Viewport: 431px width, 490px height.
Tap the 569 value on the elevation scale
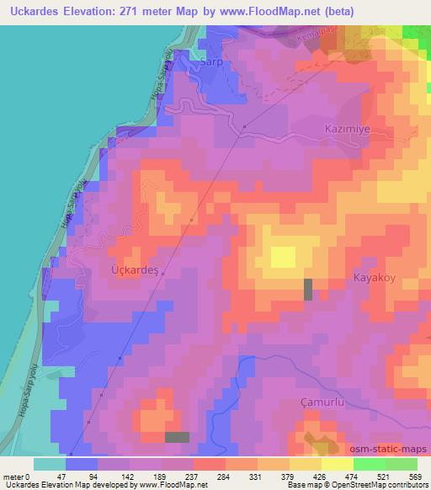414,476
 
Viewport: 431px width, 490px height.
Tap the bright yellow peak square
284,256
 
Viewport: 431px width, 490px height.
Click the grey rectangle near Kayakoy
307,289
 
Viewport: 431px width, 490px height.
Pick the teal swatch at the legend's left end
50,464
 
